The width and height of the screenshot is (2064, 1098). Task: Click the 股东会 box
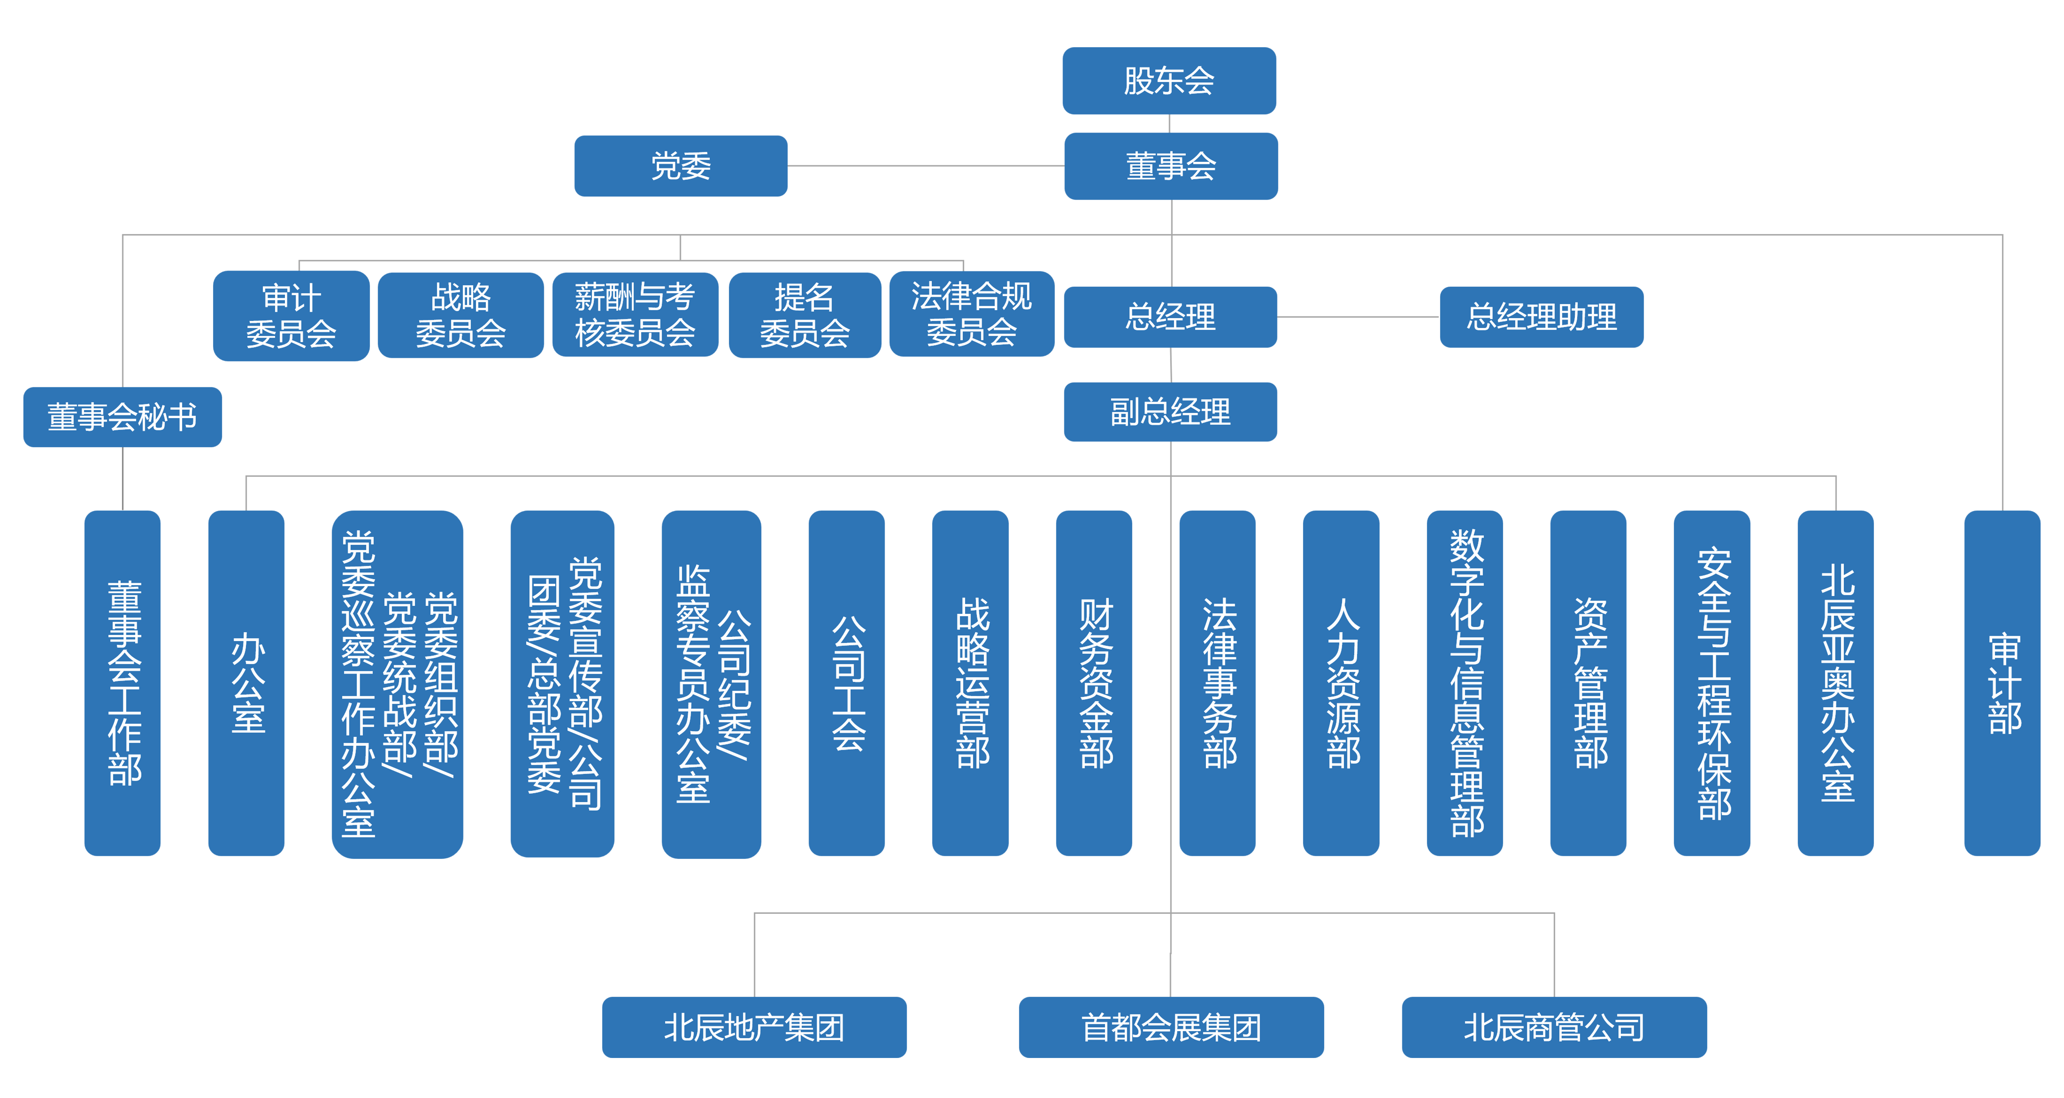1169,80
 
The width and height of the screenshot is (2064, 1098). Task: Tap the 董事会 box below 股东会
1170,166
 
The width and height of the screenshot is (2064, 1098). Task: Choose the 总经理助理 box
1541,316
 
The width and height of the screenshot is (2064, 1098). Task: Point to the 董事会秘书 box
123,417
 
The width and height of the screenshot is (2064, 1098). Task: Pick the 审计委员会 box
291,316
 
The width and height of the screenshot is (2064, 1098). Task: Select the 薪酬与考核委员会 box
635,315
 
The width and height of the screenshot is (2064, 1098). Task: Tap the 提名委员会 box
805,315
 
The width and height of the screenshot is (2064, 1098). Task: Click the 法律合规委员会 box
971,314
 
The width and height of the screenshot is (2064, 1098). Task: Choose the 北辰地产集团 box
754,1027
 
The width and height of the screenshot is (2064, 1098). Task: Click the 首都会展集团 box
1170,1027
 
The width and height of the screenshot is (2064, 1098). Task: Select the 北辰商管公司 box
1553,1027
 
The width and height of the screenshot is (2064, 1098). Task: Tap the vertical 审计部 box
2002,683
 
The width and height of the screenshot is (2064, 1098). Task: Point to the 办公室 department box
246,683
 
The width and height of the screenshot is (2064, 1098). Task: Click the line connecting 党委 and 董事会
925,166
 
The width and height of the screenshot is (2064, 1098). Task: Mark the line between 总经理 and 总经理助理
1358,316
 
